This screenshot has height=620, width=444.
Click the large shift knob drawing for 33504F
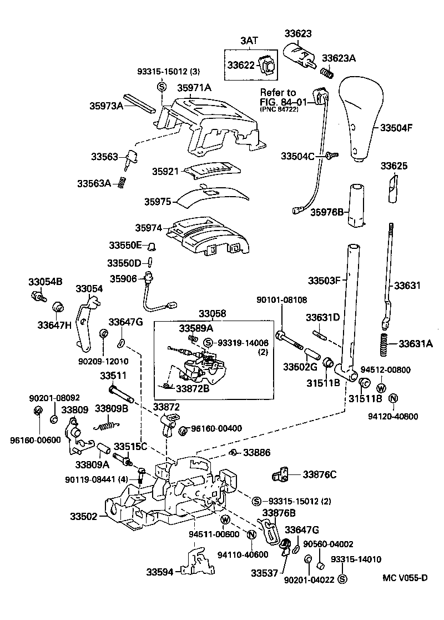coord(361,119)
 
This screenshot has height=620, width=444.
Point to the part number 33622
coord(241,66)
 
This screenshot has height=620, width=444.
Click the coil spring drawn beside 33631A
coord(382,345)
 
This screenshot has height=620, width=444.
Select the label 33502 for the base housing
coord(83,517)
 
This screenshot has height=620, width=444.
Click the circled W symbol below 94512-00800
coord(381,388)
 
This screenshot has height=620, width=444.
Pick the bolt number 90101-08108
coord(281,300)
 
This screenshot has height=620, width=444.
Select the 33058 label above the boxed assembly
coord(213,314)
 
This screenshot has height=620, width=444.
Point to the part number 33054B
coord(46,282)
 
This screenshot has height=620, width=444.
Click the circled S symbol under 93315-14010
coord(342,579)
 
